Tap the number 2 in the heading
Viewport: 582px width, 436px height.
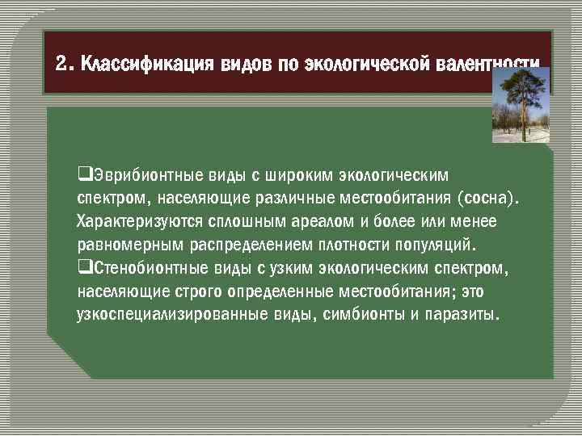pyautogui.click(x=61, y=64)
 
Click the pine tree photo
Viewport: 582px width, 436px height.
pyautogui.click(x=521, y=105)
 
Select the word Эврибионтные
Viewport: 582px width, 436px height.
pyautogui.click(x=128, y=175)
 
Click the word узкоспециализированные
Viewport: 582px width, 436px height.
pyautogui.click(x=159, y=313)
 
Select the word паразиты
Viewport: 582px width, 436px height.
pyautogui.click(x=460, y=313)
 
